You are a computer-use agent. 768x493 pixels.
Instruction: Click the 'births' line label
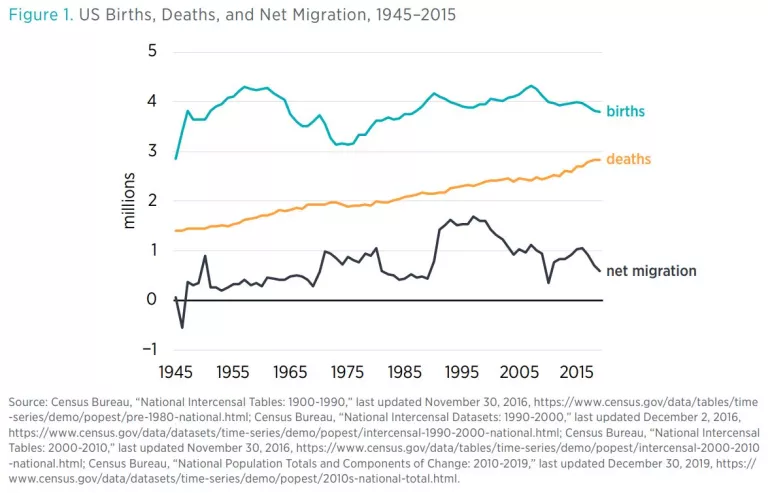pos(625,112)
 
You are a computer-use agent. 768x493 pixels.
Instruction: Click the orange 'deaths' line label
pos(628,160)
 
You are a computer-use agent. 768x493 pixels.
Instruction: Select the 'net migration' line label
pos(650,271)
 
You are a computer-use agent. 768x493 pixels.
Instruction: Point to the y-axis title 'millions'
pos(129,200)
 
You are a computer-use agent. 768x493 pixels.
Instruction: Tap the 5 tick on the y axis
pos(153,51)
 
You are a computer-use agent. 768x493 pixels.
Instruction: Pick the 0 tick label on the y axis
pos(152,300)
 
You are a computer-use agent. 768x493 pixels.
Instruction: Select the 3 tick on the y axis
pos(153,151)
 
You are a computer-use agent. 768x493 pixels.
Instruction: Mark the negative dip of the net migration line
pos(182,327)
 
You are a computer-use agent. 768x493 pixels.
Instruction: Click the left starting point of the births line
pos(176,158)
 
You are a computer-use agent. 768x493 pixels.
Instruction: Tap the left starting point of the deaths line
pos(176,231)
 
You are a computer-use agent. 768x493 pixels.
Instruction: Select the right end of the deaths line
pos(600,160)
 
